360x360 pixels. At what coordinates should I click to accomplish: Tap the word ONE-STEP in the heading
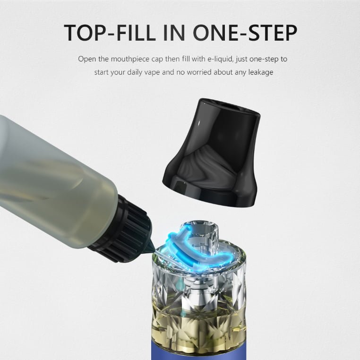[x=245, y=32]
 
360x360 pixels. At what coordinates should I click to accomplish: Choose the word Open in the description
[x=87, y=59]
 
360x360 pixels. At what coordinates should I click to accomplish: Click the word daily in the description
[x=135, y=72]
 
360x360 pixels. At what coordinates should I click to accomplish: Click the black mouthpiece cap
[x=212, y=153]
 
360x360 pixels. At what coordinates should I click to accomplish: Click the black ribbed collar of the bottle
[x=122, y=230]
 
